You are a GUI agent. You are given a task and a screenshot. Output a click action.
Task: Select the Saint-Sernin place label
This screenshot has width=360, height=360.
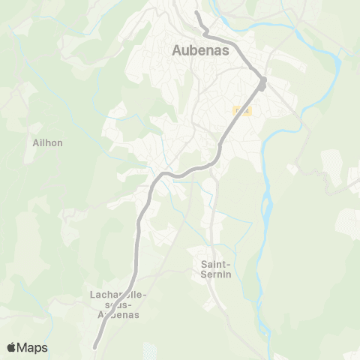(x=217, y=268)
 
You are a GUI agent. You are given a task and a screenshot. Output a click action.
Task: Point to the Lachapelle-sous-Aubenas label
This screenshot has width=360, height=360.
(x=118, y=304)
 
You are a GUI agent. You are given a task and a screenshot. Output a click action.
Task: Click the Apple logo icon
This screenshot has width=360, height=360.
(x=11, y=347)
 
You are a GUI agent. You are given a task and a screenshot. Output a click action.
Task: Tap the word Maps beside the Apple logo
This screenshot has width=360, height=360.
(x=33, y=347)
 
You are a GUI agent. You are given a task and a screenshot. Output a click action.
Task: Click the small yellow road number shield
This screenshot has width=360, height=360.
(x=241, y=111)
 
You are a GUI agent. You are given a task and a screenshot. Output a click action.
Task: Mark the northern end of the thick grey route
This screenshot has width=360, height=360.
(x=196, y=13)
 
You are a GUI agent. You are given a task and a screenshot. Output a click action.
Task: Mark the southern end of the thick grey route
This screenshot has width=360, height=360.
(x=95, y=347)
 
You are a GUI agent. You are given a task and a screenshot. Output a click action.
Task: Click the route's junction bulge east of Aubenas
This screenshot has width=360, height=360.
(x=262, y=82)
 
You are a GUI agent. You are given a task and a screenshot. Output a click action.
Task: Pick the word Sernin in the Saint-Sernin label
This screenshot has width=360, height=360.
(x=217, y=274)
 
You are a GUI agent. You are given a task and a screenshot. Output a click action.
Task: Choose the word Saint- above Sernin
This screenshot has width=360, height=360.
(x=217, y=264)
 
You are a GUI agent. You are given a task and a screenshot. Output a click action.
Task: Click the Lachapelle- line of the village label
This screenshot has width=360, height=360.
(x=118, y=295)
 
